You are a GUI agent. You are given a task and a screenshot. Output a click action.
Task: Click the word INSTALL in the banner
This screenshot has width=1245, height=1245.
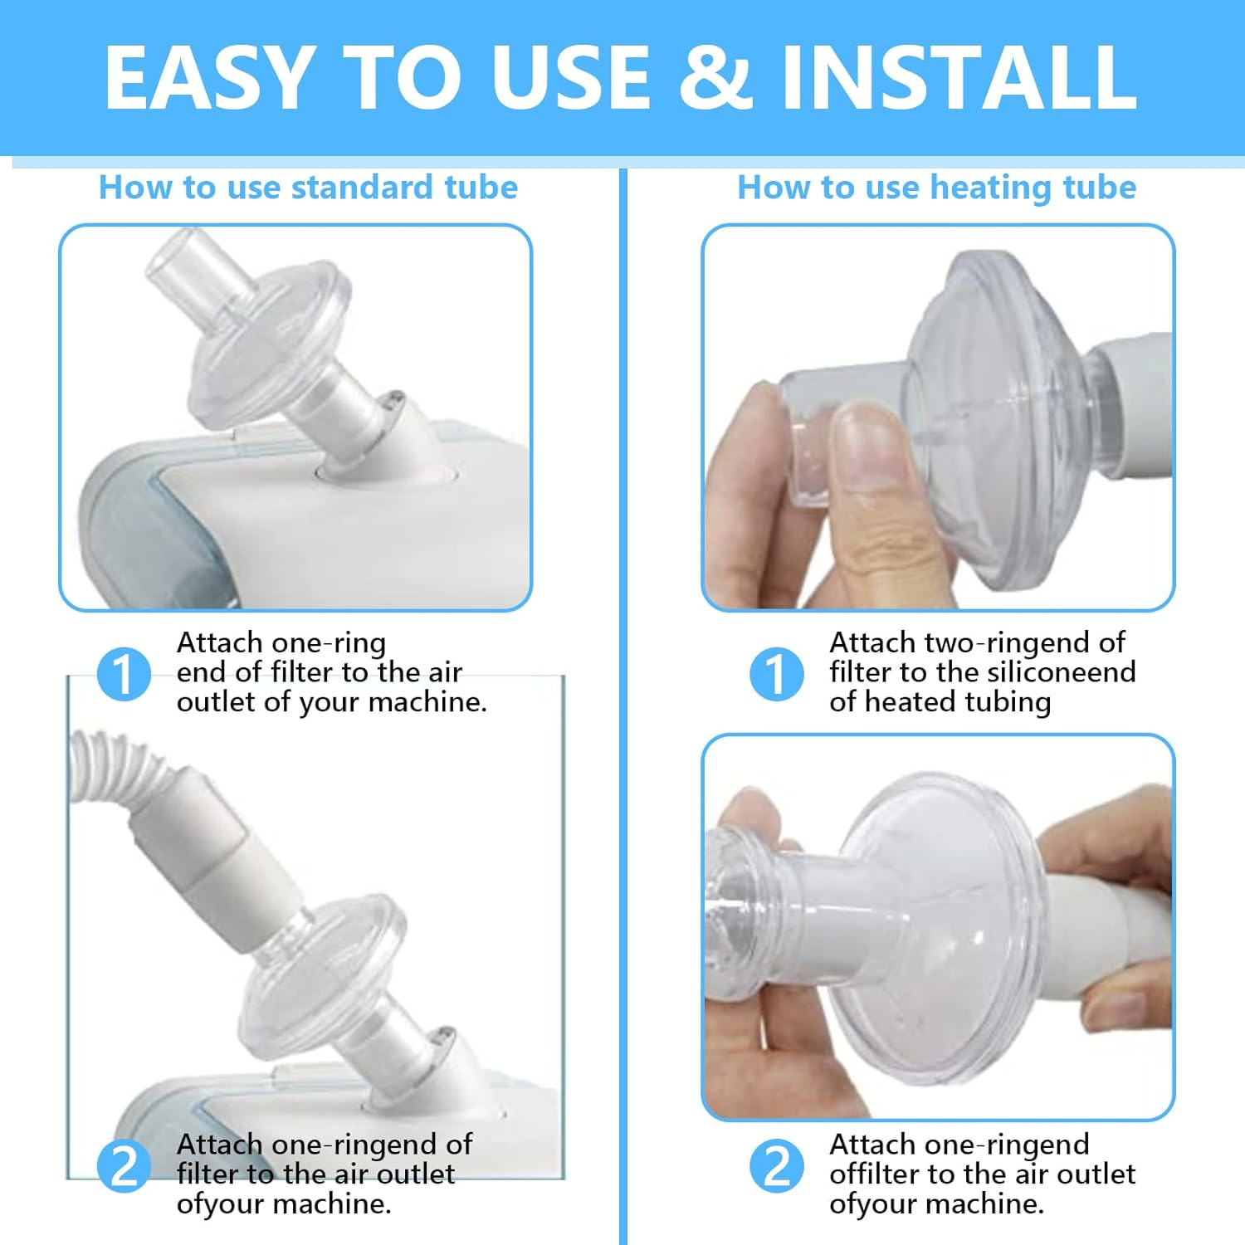pyautogui.click(x=959, y=76)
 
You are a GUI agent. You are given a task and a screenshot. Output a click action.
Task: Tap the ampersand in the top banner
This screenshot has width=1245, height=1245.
pyautogui.click(x=715, y=76)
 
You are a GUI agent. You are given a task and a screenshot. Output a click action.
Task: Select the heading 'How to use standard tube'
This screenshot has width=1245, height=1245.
pyautogui.click(x=308, y=188)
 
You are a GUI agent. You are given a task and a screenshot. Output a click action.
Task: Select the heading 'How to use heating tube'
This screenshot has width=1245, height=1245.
pyautogui.click(x=936, y=188)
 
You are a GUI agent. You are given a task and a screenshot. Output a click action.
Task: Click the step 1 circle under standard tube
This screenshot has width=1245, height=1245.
pyautogui.click(x=124, y=673)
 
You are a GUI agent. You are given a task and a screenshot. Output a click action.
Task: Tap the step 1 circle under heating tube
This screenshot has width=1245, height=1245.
pyautogui.click(x=776, y=673)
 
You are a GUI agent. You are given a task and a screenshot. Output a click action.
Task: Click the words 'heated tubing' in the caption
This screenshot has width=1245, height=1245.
pyautogui.click(x=958, y=702)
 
